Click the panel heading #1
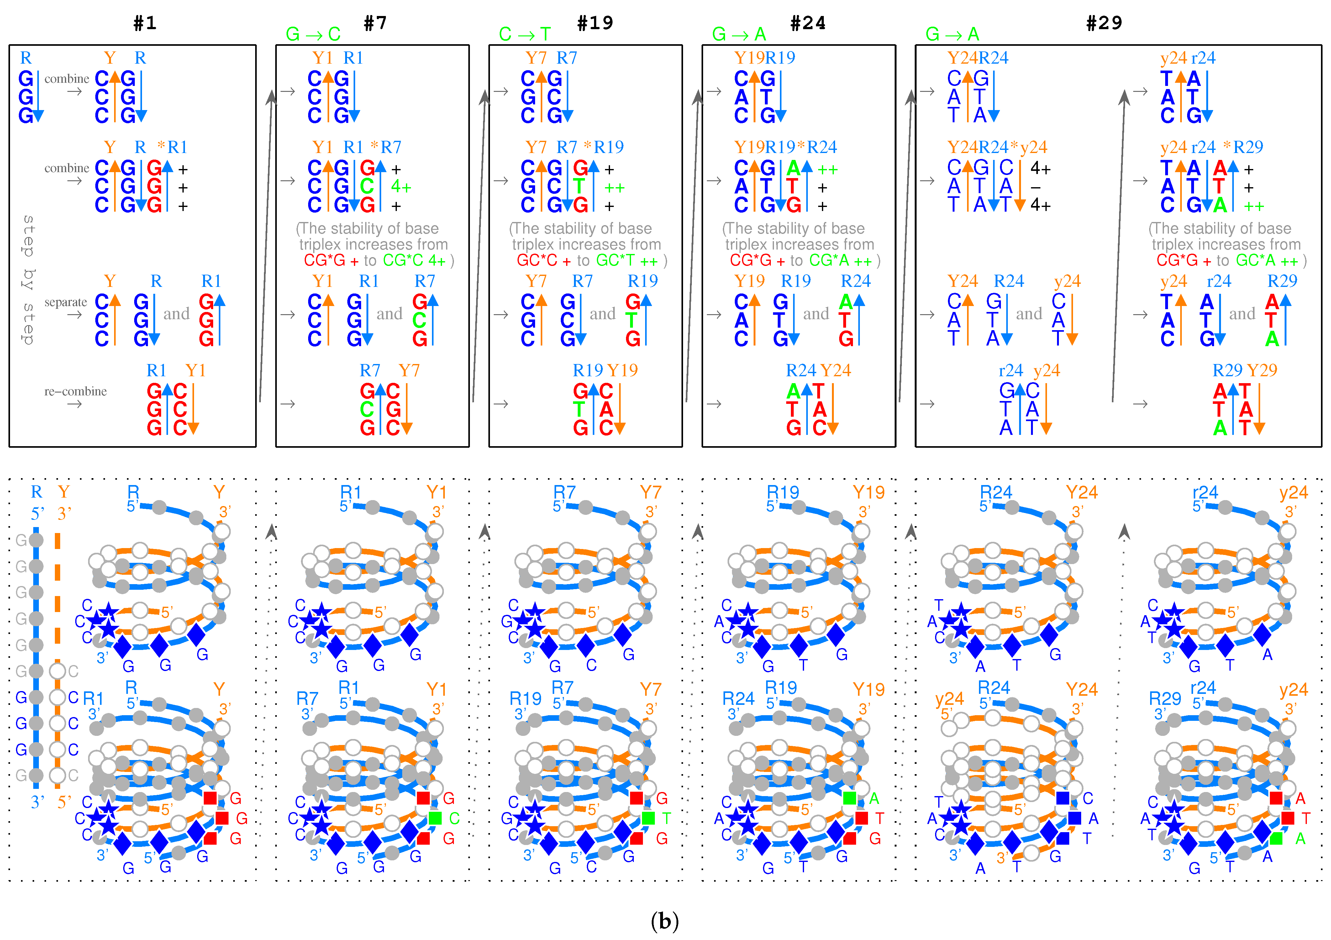[x=145, y=23]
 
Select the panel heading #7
[x=375, y=23]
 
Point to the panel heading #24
[x=808, y=23]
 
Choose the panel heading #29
[x=1104, y=23]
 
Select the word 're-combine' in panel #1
[x=75, y=391]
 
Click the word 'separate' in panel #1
[x=66, y=302]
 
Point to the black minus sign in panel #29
[x=1036, y=187]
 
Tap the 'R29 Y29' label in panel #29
[x=1244, y=370]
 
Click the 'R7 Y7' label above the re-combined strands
[x=389, y=370]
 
